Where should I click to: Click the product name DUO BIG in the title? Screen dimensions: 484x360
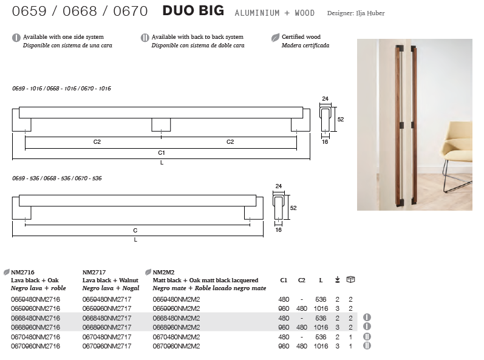193,11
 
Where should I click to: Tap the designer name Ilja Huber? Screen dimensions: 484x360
370,13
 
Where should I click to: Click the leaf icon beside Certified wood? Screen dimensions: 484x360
275,38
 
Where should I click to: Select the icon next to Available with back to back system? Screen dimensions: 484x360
145,38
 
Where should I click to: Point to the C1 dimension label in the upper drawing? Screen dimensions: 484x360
162,153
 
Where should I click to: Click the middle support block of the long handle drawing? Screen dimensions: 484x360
161,124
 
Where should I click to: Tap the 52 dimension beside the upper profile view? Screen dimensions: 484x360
341,120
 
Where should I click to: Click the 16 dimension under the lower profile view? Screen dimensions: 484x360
278,230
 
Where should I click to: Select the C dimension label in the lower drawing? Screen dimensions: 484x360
135,231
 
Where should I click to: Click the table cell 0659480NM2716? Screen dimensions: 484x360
35,299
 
